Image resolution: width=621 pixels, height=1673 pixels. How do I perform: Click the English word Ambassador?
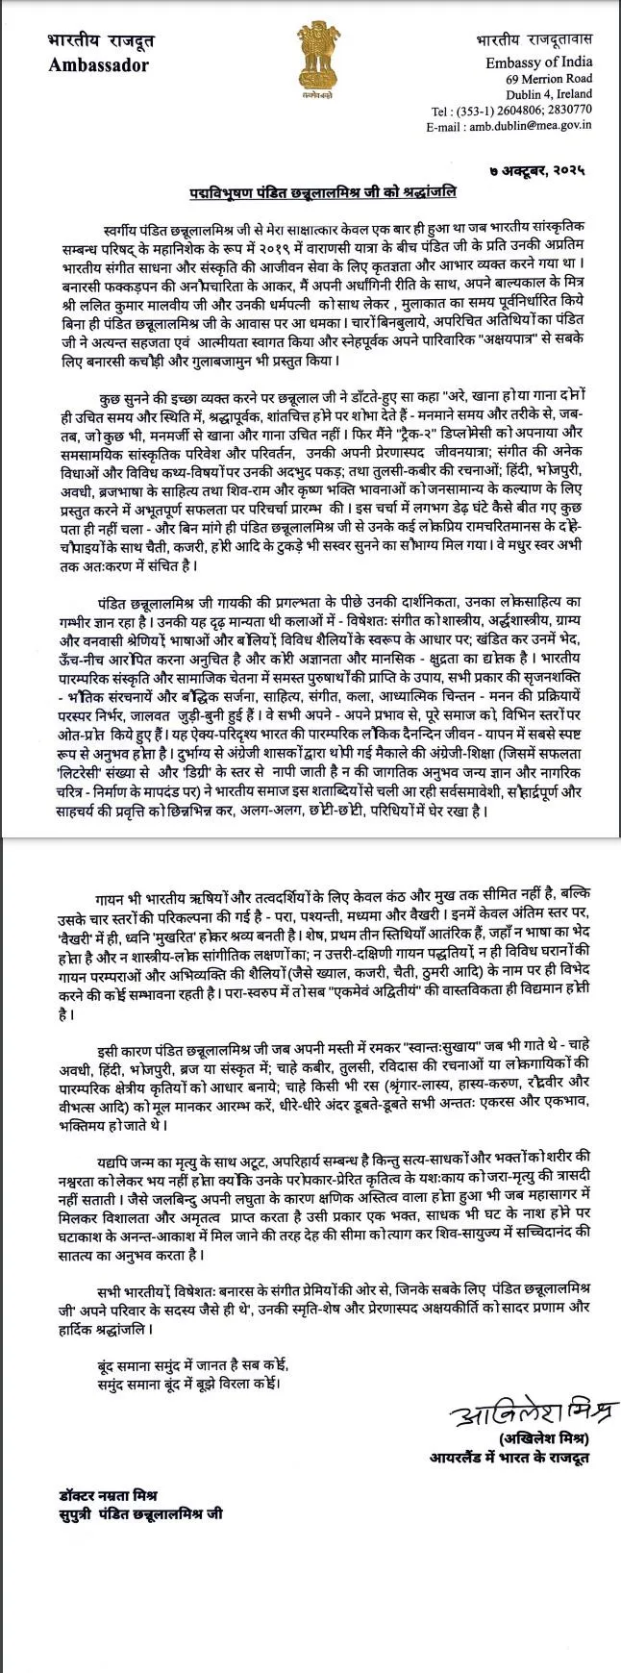[x=98, y=65]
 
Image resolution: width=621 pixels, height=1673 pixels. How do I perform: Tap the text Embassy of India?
[x=539, y=62]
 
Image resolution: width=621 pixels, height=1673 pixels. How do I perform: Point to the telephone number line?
[x=512, y=111]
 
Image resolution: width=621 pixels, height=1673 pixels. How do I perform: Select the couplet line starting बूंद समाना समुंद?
[x=193, y=1366]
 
